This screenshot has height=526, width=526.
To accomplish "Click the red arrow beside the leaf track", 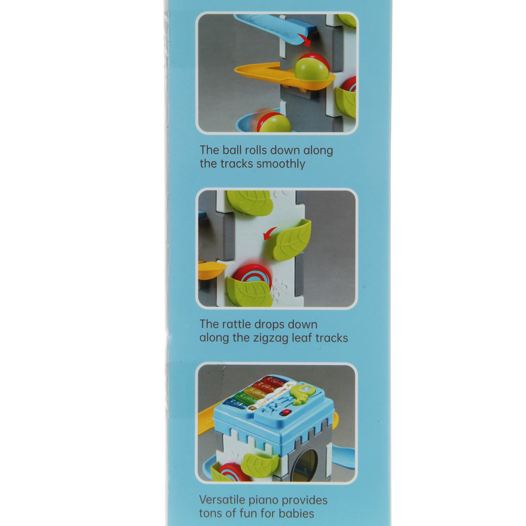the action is (270, 233).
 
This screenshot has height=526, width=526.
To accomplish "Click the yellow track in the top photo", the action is (284, 79).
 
